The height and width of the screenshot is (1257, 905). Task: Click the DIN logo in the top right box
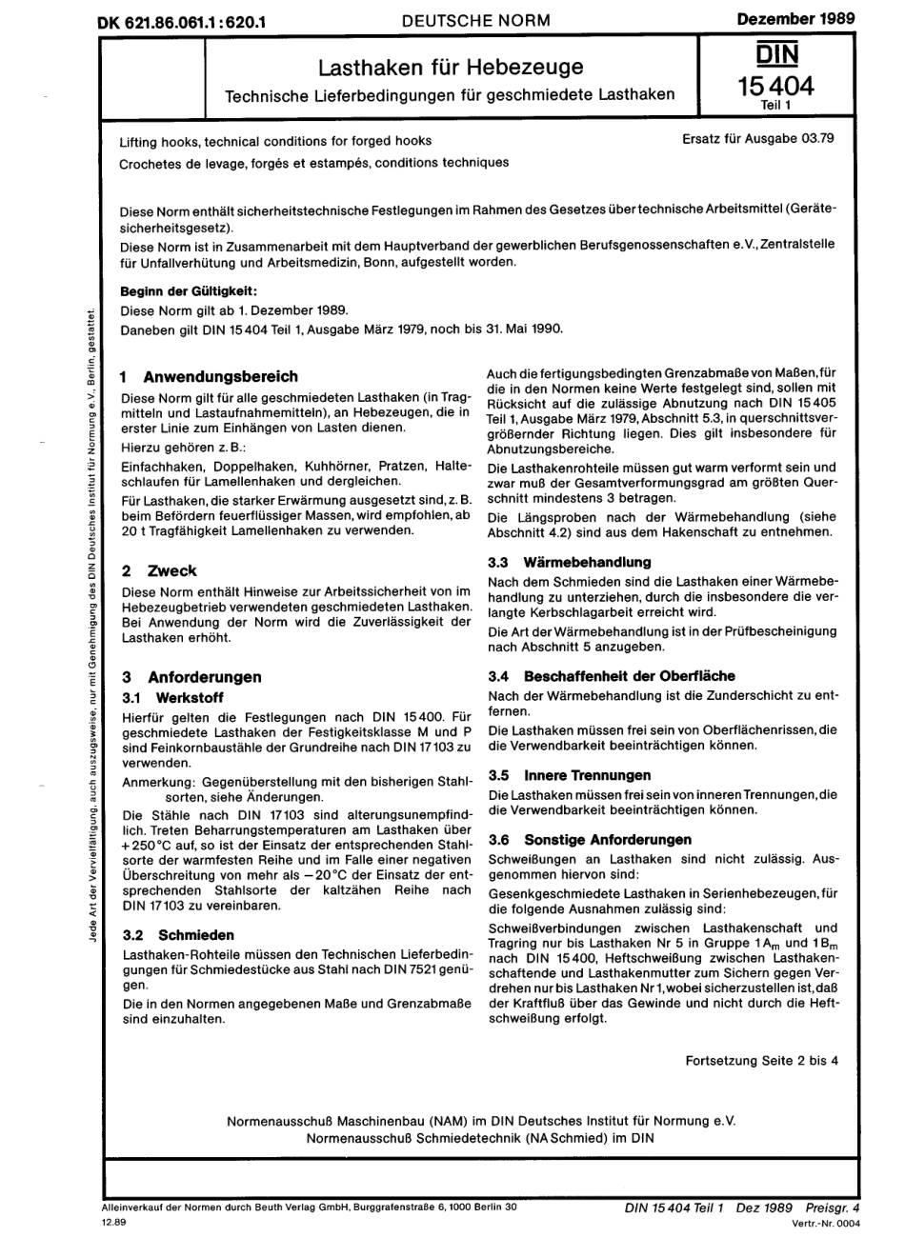pyautogui.click(x=777, y=52)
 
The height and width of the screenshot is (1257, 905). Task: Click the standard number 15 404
pyautogui.click(x=776, y=87)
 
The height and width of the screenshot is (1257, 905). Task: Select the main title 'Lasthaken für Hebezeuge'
pyautogui.click(x=451, y=68)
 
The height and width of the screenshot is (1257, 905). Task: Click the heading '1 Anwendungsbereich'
pyautogui.click(x=210, y=376)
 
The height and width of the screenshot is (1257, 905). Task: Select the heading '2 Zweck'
pyautogui.click(x=159, y=570)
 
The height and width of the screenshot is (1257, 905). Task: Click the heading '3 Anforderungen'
pyautogui.click(x=191, y=677)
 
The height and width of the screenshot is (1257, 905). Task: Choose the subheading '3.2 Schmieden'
pyautogui.click(x=179, y=935)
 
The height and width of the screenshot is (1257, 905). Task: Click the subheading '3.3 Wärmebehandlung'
pyautogui.click(x=569, y=562)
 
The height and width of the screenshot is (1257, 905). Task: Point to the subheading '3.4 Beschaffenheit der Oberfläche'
pyautogui.click(x=611, y=675)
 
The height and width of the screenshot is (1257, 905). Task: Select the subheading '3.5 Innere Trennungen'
pyautogui.click(x=569, y=775)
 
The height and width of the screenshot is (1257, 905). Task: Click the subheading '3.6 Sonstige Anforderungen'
pyautogui.click(x=589, y=839)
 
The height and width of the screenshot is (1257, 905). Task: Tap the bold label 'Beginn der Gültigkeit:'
pyautogui.click(x=189, y=291)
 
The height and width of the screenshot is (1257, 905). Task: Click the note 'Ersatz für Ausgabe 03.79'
pyautogui.click(x=758, y=138)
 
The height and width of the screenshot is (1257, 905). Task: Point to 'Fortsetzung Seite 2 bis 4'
pyautogui.click(x=762, y=1060)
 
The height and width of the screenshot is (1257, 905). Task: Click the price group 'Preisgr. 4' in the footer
pyautogui.click(x=832, y=1207)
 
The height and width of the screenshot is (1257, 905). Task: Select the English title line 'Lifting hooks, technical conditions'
pyautogui.click(x=275, y=141)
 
